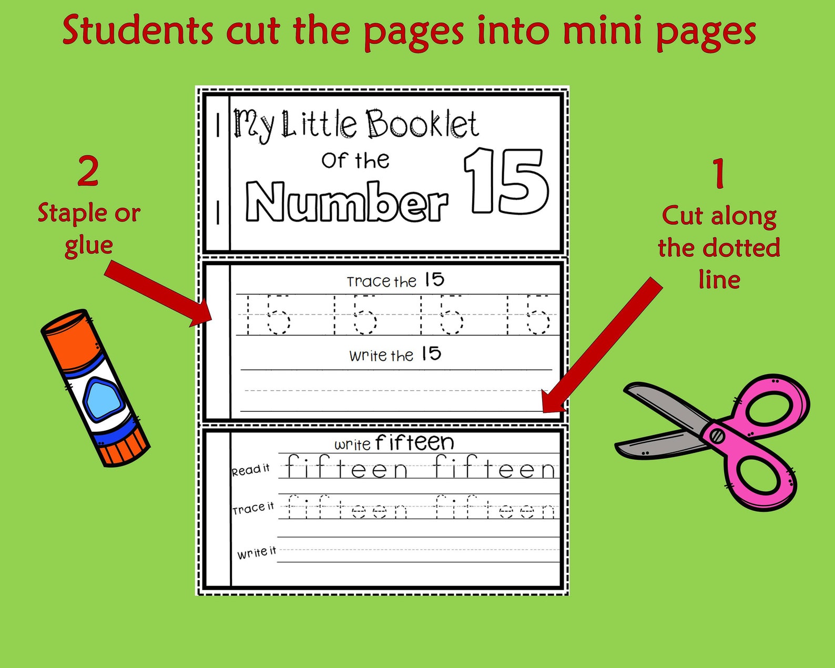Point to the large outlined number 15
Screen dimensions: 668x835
tap(507, 181)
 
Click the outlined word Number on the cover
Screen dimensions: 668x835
tap(347, 202)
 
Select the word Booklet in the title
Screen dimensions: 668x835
tap(422, 125)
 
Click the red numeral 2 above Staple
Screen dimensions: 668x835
tap(88, 171)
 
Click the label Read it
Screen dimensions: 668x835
tap(251, 470)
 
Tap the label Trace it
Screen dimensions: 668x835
tap(253, 509)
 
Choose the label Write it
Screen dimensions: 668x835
tap(256, 553)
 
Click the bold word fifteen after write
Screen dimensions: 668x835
tap(414, 443)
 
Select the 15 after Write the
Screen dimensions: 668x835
tap(431, 354)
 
